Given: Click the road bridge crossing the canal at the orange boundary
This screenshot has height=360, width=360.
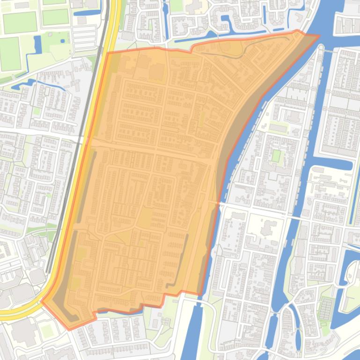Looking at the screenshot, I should pos(218,202).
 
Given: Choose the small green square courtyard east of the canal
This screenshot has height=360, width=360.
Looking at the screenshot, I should pos(276,156).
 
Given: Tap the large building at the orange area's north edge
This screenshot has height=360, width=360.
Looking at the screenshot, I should pos(156,72).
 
